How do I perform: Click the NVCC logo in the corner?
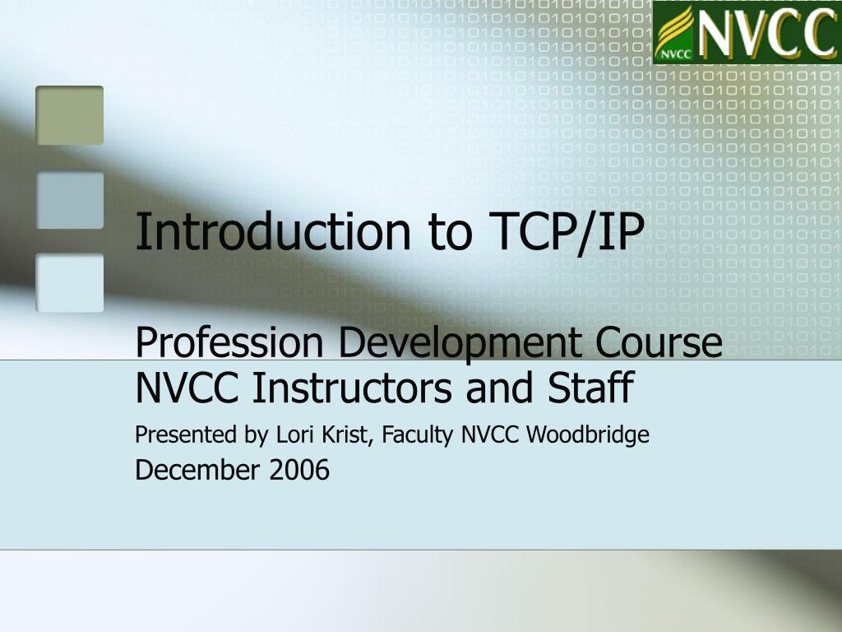(x=747, y=32)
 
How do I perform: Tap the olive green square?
(x=70, y=115)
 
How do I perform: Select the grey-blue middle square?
(x=70, y=200)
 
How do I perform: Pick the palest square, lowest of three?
(x=70, y=283)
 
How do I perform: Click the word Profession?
(x=231, y=342)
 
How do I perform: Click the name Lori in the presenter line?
(x=291, y=434)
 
